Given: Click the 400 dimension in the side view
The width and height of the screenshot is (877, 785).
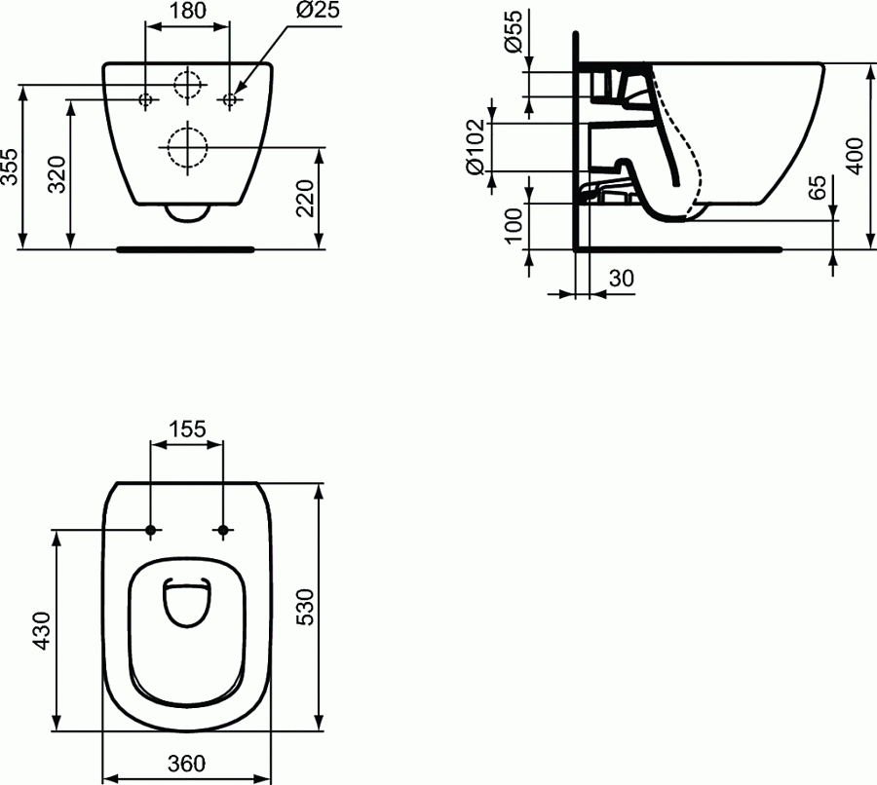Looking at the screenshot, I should [855, 153].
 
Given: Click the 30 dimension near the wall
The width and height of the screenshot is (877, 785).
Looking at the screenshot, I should [621, 278].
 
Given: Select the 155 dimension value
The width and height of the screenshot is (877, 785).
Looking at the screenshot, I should [186, 429].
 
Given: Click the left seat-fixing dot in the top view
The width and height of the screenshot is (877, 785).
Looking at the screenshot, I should [151, 531].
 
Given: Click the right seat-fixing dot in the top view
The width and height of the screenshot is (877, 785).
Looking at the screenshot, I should [223, 531].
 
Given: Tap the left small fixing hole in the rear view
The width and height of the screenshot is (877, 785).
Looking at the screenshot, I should [145, 99].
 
